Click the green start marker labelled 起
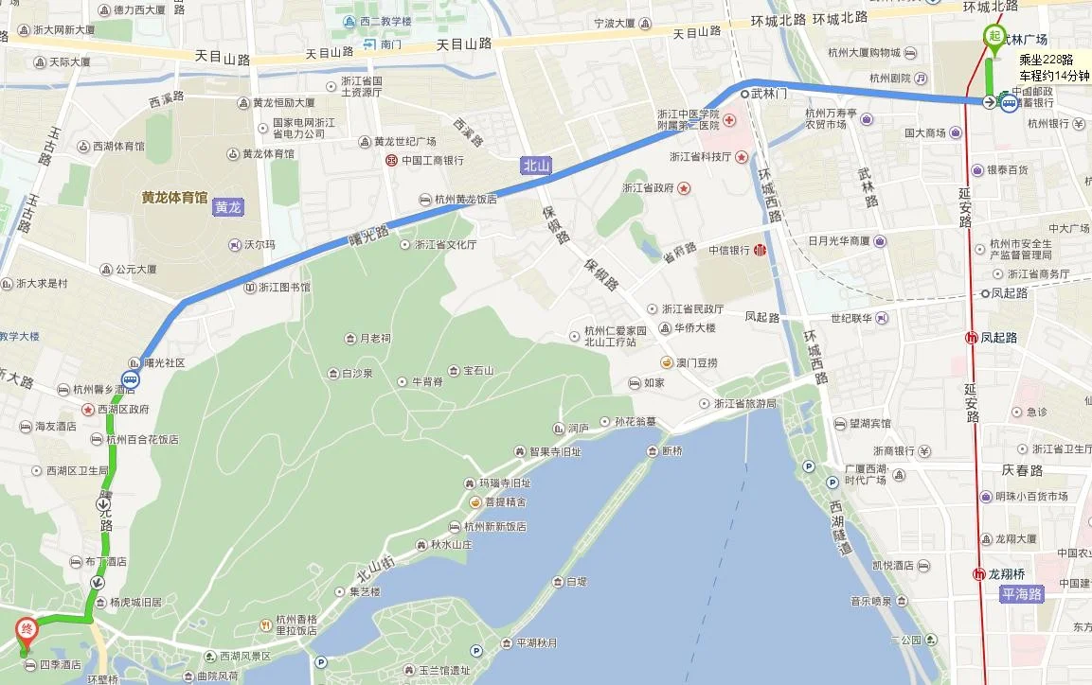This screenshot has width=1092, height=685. coord(994,36)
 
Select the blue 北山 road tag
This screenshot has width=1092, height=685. coord(536,166)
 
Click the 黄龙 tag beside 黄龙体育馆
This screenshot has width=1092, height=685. coord(227,207)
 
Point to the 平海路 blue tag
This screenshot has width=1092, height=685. coord(1022,594)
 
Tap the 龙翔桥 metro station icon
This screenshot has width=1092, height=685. coord(978,574)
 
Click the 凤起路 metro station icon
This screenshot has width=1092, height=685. coord(971,337)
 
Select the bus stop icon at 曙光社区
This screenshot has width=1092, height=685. coord(130,379)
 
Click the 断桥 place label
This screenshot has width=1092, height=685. coord(672,451)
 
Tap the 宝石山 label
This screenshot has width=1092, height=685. coord(478,370)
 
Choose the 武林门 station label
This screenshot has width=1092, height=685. coord(768,94)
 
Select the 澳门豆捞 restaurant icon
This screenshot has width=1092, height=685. coord(669,362)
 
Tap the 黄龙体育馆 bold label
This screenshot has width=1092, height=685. coord(174,198)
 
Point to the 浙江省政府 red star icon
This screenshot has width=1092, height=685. coord(684,188)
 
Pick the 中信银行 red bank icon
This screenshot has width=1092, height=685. coord(760,251)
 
